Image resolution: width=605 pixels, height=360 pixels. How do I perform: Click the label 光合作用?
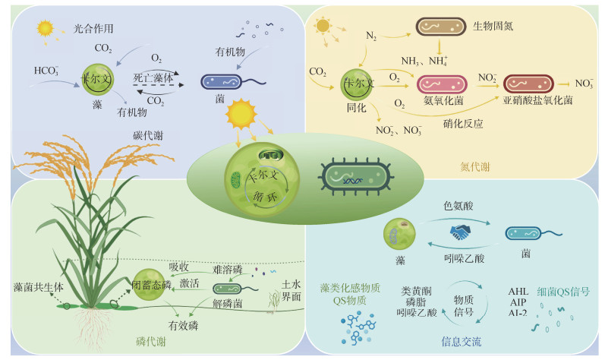coord(93,29)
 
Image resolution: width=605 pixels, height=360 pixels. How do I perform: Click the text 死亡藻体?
coord(155,78)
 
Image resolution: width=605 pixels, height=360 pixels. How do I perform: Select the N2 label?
coord(371,36)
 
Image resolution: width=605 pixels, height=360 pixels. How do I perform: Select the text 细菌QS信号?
coord(564,290)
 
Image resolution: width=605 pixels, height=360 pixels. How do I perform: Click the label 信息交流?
coord(462,341)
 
